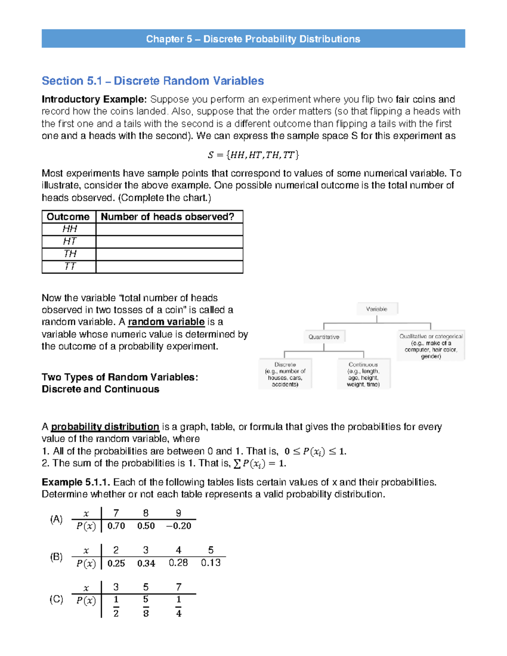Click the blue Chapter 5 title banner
click(253, 39)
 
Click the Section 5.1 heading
click(153, 81)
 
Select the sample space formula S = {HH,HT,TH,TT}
click(253, 155)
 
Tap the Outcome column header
click(68, 217)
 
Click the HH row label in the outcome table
click(69, 229)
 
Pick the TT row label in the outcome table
click(69, 267)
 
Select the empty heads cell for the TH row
click(169, 254)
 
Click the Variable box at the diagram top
click(376, 309)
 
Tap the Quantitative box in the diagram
click(324, 337)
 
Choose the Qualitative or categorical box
click(431, 346)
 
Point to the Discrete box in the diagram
click(285, 374)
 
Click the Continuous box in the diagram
click(363, 374)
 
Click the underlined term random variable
click(166, 322)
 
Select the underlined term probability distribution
click(105, 427)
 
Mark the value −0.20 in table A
click(179, 526)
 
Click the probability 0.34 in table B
click(146, 563)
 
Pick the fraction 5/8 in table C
click(146, 606)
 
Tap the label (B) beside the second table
click(56, 557)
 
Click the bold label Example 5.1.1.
click(76, 482)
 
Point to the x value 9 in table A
click(179, 513)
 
